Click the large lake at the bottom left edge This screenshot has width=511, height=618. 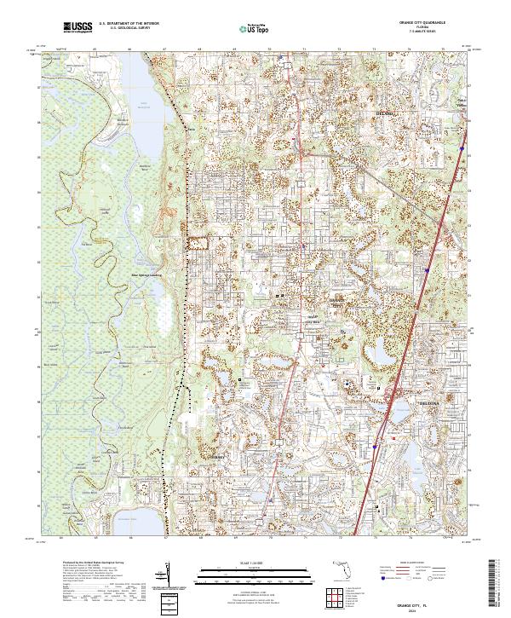click(145, 517)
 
